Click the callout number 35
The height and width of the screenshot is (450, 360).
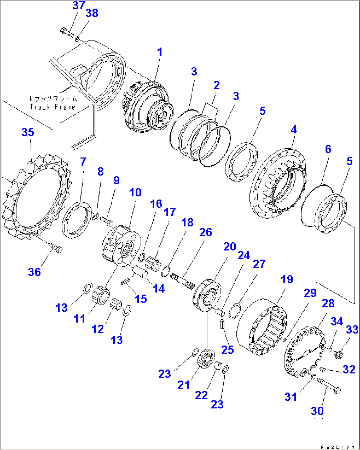coord(28,132)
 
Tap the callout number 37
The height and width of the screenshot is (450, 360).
coord(79,6)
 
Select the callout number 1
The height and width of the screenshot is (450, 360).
coord(160,52)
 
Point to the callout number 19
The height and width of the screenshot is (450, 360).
coord(287,279)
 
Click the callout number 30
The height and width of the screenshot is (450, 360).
coord(317,411)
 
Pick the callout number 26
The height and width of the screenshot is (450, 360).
coord(205,232)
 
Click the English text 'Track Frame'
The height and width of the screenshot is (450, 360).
coord(53,107)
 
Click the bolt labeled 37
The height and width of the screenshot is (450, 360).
coord(66,32)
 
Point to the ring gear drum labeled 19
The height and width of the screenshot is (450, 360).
coord(263,327)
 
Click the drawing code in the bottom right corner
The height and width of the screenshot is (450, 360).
coord(337,447)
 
